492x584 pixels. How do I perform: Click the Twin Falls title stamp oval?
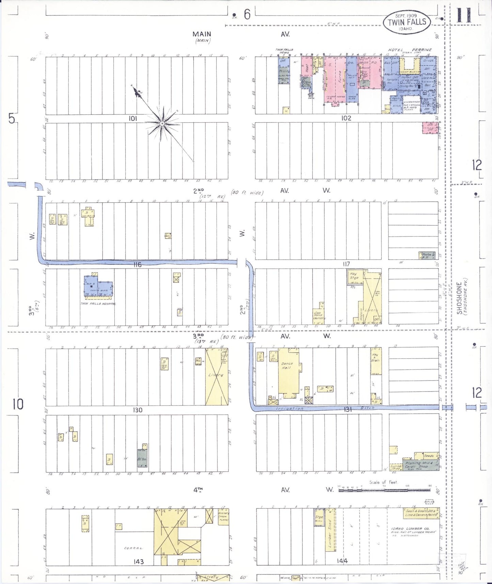coord(407,22)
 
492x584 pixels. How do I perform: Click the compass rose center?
coord(162,123)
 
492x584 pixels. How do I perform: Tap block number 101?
coord(133,118)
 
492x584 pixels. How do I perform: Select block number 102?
coord(346,118)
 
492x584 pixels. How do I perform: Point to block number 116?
coord(137,264)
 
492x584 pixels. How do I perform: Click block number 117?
coord(346,264)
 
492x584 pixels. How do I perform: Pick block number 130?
coord(138,410)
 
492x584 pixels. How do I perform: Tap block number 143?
coord(139,562)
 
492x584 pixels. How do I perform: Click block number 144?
coord(342,561)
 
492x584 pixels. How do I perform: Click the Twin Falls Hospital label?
coord(98,304)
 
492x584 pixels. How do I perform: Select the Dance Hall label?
coord(287,366)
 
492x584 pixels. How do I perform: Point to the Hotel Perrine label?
coord(410,50)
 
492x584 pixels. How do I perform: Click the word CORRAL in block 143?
coord(133,548)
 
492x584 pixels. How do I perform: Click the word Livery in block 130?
coord(216,375)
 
